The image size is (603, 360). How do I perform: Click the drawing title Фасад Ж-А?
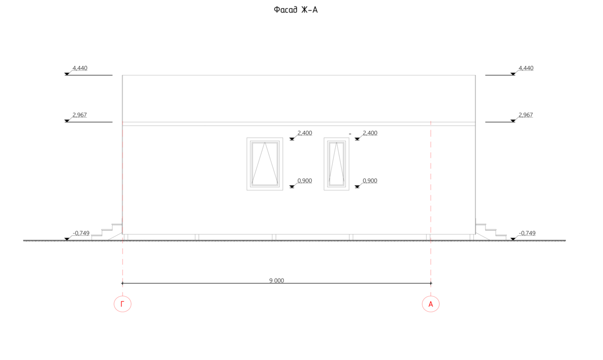point(295,10)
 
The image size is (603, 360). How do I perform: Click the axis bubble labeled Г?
point(123,304)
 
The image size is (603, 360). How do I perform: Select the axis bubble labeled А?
point(431,304)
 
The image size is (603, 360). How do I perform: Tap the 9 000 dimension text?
point(276,281)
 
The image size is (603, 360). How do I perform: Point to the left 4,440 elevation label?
point(80,68)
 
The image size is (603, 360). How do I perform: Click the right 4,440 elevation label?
point(526,68)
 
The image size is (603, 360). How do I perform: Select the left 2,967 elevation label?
point(80,115)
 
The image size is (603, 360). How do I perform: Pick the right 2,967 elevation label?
point(526,115)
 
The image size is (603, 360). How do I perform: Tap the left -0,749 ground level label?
point(81,233)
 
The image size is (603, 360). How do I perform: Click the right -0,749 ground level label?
point(527,233)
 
